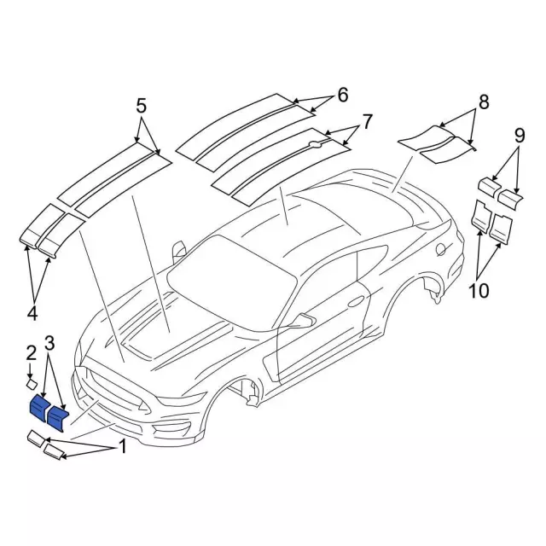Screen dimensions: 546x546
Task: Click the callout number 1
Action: (122, 446)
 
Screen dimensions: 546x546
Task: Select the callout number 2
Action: (32, 353)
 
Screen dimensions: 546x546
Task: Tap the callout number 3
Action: (49, 343)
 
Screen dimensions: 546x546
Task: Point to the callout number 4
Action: (32, 314)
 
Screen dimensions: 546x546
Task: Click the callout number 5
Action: (141, 106)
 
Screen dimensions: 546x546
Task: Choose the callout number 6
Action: (343, 95)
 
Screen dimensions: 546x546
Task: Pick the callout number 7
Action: (368, 122)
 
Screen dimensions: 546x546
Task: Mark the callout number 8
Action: (484, 102)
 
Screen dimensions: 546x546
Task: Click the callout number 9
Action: (520, 136)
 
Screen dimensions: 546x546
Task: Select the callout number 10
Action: (479, 290)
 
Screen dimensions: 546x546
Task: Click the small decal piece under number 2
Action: (32, 384)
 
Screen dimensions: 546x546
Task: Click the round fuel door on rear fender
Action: (440, 249)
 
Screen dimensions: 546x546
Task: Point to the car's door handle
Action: (355, 301)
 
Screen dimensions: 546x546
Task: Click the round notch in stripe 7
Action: (316, 143)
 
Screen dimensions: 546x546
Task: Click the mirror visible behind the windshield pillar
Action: (178, 251)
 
